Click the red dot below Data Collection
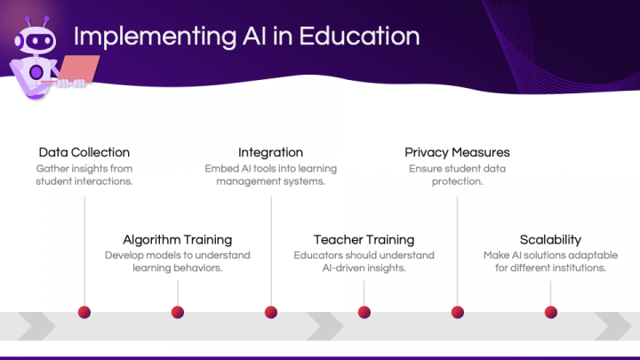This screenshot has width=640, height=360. coord(84,312)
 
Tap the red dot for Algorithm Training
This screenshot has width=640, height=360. coord(178,312)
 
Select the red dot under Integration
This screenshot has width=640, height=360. coord(271,312)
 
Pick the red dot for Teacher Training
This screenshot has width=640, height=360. coord(364,312)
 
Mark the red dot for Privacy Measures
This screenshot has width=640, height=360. coord(458,312)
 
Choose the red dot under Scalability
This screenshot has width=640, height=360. coord(550,312)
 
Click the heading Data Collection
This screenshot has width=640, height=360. coord(84,152)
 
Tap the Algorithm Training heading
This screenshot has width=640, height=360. coord(178,240)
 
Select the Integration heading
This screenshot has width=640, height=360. coord(270,153)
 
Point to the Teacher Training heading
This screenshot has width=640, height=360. coord(364,240)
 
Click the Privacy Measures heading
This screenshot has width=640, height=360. coord(457,153)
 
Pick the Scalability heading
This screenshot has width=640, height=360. coord(550,240)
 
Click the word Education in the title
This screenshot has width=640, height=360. coord(360,36)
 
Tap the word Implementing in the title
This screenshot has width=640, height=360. coord(155,37)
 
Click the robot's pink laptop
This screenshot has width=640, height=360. coord(77,68)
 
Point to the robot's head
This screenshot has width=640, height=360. coord(36,40)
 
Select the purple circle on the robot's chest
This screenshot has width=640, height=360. coord(36,72)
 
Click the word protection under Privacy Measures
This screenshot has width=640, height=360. coord(457,181)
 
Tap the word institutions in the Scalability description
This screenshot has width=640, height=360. coord(580,268)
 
